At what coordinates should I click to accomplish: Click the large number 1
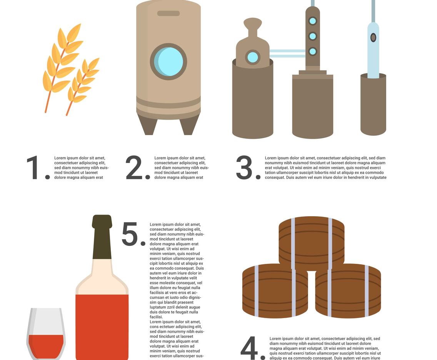(35, 168)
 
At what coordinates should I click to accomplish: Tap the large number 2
(134, 168)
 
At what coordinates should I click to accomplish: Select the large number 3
(245, 168)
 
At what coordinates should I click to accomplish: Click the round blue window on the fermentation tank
(168, 62)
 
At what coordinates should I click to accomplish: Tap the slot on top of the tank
(168, 13)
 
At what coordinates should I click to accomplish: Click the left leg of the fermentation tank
(147, 125)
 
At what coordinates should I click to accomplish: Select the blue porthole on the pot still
(253, 57)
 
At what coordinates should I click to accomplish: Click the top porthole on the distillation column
(312, 21)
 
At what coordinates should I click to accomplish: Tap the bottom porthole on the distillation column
(312, 51)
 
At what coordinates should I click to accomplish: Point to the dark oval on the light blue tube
(373, 37)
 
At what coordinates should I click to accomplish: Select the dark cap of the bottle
(102, 237)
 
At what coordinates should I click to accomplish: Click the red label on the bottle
(102, 327)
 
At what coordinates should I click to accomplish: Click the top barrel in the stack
(311, 242)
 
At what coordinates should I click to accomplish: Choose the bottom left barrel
(275, 291)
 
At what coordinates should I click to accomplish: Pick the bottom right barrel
(348, 291)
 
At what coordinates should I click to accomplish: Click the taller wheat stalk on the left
(62, 62)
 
